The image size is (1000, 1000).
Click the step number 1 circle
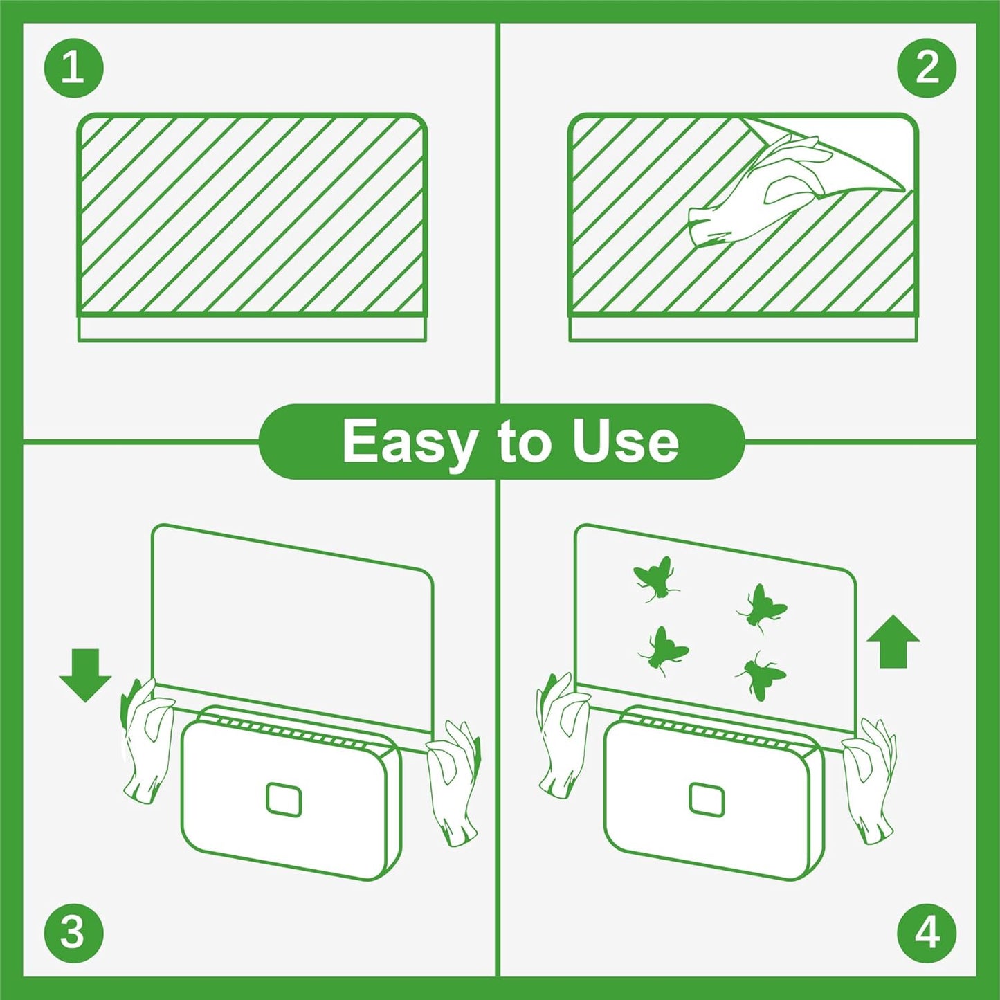pyautogui.click(x=73, y=68)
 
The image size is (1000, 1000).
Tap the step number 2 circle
pyautogui.click(x=927, y=68)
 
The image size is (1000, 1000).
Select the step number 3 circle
pyautogui.click(x=73, y=931)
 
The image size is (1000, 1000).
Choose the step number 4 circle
pyautogui.click(x=927, y=931)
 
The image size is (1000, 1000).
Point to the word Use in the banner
pyautogui.click(x=626, y=442)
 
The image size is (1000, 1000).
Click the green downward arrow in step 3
pyautogui.click(x=85, y=674)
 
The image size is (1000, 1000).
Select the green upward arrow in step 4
pyautogui.click(x=893, y=641)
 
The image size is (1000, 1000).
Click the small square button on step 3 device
pyautogui.click(x=284, y=800)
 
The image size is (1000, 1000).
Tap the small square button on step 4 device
pyautogui.click(x=707, y=800)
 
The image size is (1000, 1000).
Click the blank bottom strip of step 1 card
pyautogui.click(x=252, y=329)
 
